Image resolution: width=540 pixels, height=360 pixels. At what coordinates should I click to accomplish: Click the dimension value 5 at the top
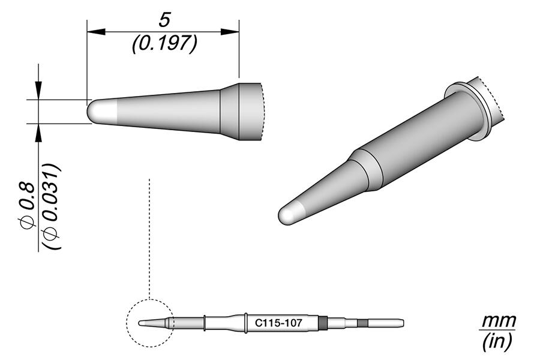coord(163,20)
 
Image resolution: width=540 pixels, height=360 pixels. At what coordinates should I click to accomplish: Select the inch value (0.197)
coord(164,43)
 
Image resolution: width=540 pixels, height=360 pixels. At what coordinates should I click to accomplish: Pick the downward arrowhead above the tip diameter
coord(40,92)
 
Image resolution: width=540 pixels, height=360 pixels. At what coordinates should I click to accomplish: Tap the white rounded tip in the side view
coord(101,112)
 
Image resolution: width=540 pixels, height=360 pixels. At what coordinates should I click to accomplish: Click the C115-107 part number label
coord(278,323)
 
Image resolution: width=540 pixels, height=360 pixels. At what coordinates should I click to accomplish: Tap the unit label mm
coord(497,320)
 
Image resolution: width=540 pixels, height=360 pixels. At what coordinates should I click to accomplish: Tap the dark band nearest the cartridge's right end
coord(362,323)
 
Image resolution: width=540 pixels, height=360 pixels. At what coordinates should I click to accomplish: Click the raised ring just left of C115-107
coord(247,323)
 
